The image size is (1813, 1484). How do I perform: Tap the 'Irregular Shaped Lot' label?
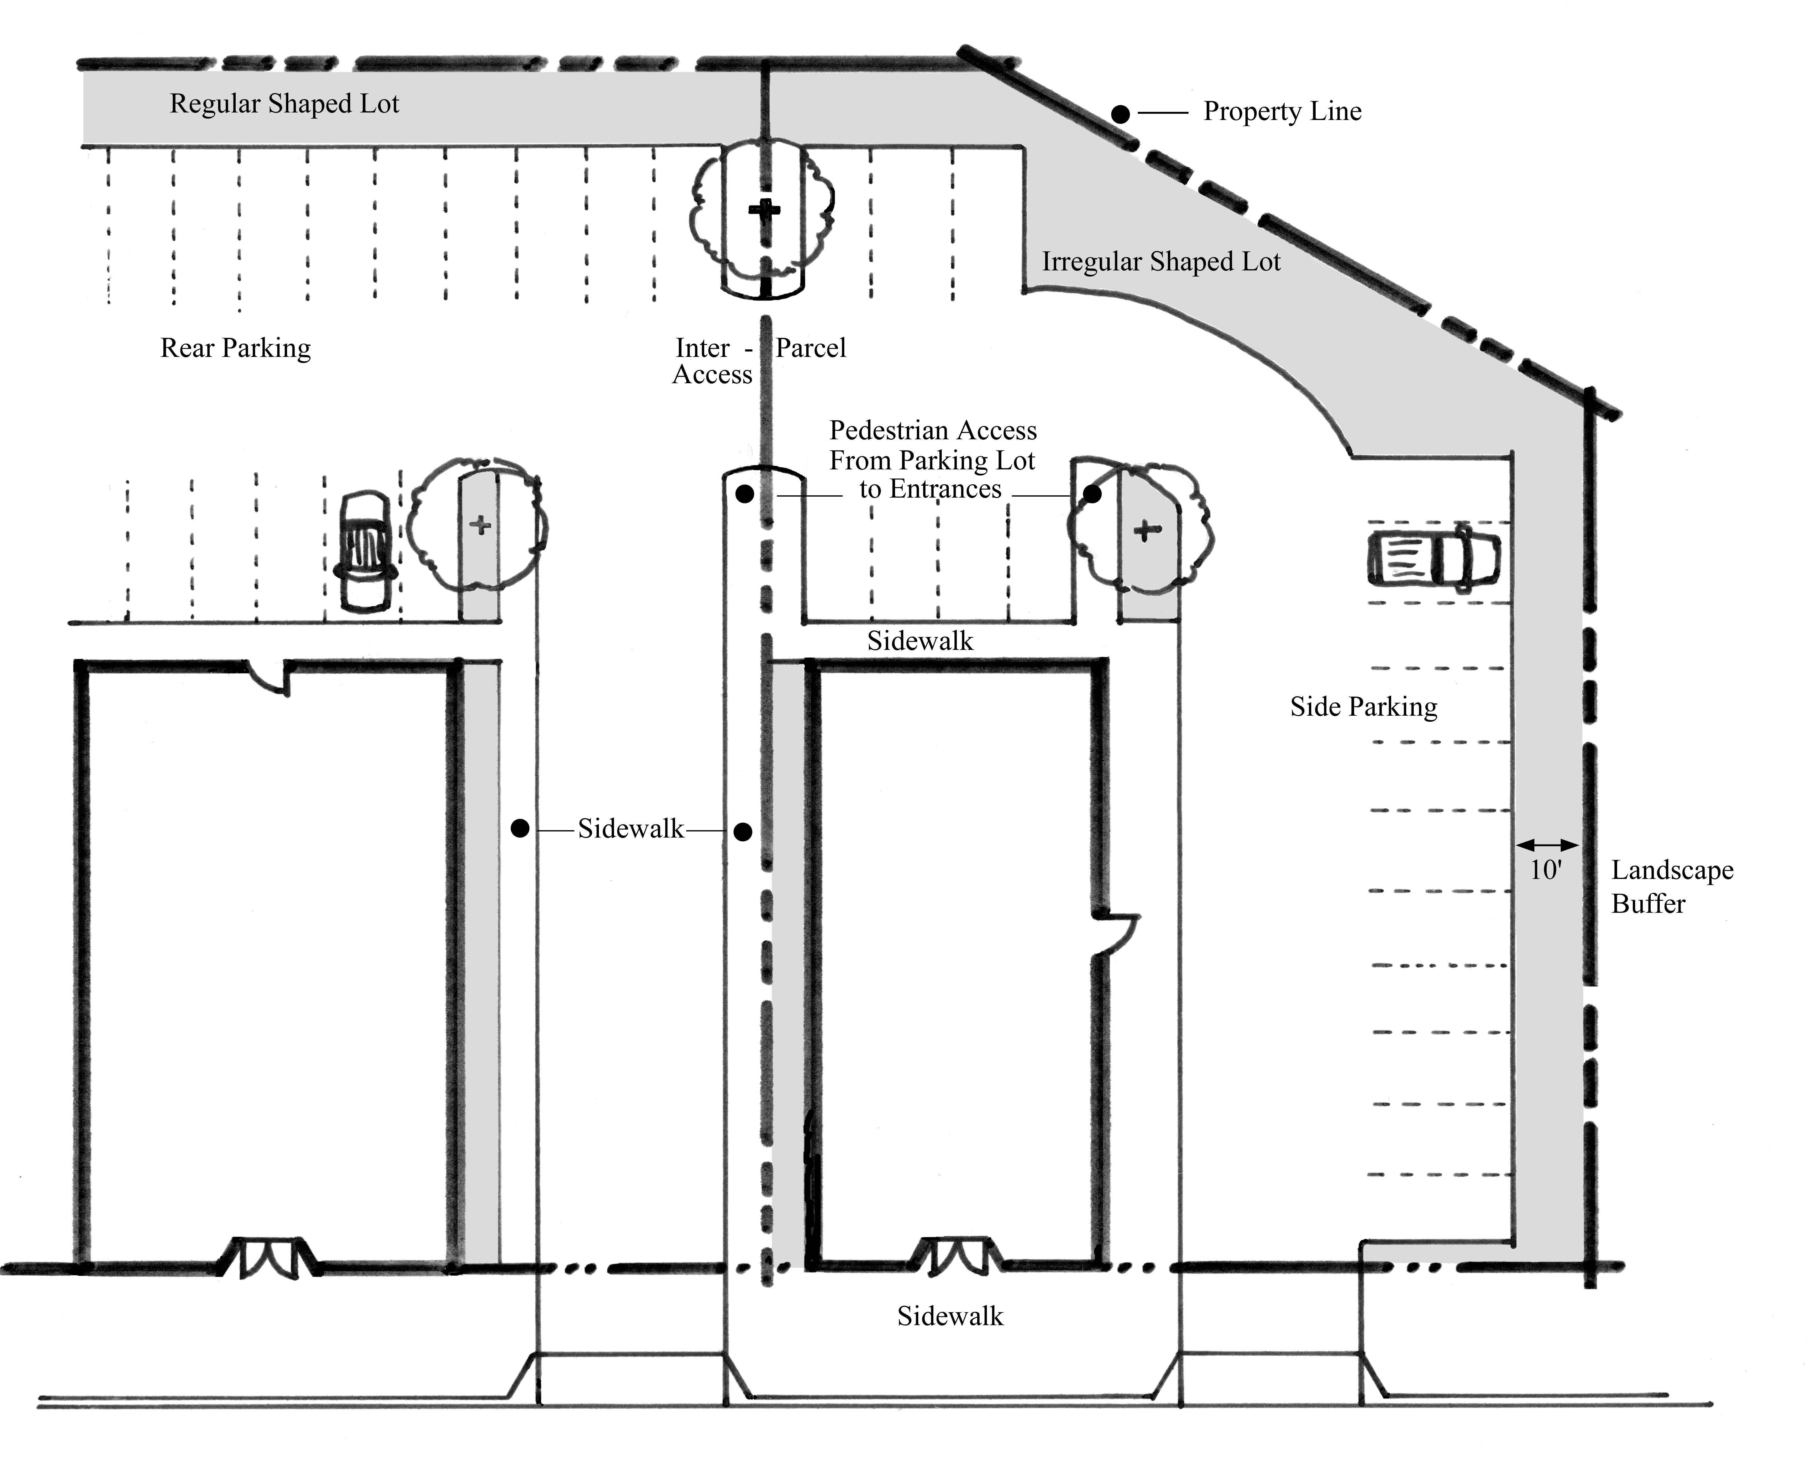point(1161,262)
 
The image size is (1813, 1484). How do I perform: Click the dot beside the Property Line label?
point(1120,114)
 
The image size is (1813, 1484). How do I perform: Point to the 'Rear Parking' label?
point(236,348)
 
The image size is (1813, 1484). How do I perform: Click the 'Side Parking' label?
point(1363,707)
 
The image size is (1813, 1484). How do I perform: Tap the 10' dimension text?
point(1545,870)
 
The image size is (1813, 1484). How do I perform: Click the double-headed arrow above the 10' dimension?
point(1547,844)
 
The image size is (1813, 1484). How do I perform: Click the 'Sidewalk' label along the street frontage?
point(950,1316)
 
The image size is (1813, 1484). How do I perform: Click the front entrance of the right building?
point(955,1257)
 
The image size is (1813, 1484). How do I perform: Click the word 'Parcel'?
point(810,348)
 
